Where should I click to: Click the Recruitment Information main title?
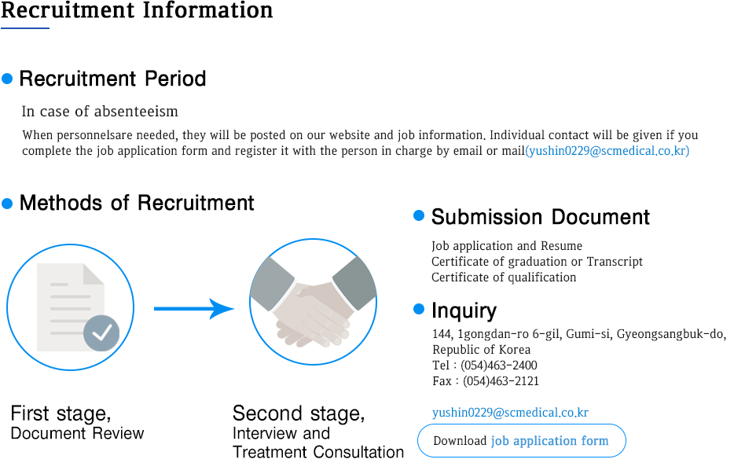tap(137, 10)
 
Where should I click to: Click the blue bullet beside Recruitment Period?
tap(7, 79)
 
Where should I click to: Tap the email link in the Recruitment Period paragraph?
tap(607, 151)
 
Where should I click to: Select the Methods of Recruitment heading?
tap(137, 203)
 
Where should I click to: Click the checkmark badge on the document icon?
tap(101, 333)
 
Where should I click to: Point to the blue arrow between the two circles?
tap(194, 309)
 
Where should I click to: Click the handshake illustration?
tap(313, 302)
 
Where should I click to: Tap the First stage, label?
tap(61, 414)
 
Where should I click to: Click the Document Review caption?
tap(78, 434)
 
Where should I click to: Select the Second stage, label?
tap(299, 414)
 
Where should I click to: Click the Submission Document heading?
tap(540, 217)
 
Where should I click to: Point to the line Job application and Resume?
tap(507, 246)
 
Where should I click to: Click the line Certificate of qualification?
tap(504, 277)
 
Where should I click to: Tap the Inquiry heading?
tap(464, 311)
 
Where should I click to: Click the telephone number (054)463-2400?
tap(499, 365)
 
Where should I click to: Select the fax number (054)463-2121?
tap(501, 380)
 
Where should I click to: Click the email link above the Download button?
tap(510, 412)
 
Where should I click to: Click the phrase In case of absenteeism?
tap(100, 112)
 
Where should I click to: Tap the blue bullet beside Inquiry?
tap(419, 310)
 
